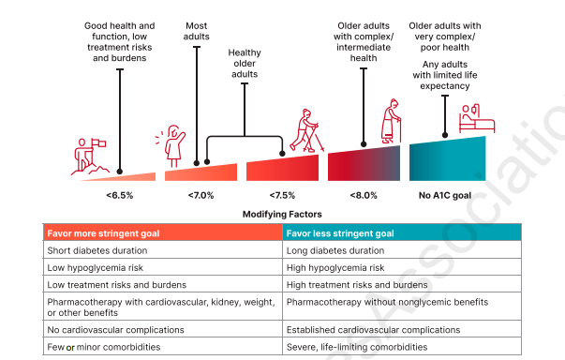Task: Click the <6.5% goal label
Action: pos(120,195)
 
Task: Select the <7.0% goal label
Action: pos(201,195)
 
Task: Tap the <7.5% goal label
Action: pos(282,195)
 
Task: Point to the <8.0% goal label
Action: pos(364,195)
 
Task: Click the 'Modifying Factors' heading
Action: pos(282,214)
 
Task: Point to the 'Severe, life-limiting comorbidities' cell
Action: pos(357,346)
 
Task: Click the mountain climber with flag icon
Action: pos(90,156)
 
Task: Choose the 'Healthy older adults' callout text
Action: pos(244,64)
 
